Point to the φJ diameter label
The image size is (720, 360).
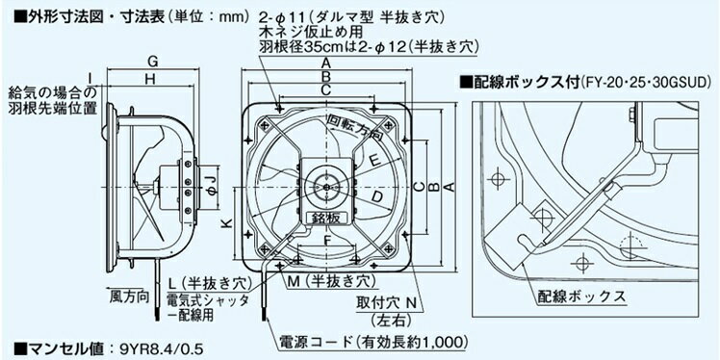208,180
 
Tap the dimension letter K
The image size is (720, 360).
224,224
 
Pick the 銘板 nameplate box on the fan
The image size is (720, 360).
327,219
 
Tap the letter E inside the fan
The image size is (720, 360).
373,158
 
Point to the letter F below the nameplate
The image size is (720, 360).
327,240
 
